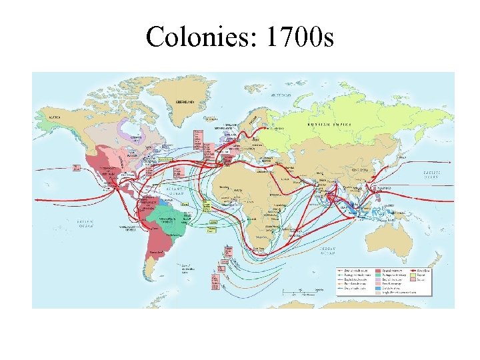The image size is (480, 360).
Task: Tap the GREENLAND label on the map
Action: tap(184, 102)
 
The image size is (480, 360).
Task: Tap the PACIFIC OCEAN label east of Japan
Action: tap(437, 174)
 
